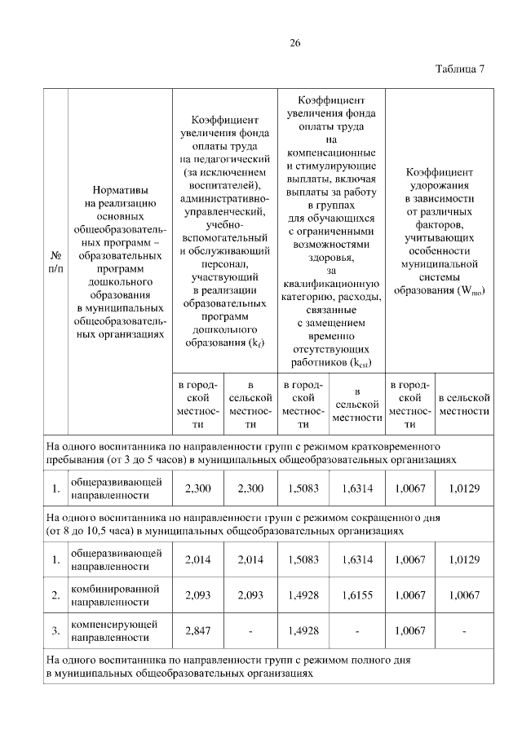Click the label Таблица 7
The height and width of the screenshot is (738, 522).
point(460,68)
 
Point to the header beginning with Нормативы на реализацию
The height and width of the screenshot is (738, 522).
point(119,262)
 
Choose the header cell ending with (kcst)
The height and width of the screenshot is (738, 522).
point(330,230)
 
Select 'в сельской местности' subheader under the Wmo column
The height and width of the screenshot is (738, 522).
point(465,404)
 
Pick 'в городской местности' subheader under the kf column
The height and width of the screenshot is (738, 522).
point(198,404)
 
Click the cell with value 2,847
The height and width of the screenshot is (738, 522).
point(198,630)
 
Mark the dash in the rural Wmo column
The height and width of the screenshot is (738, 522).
point(465,630)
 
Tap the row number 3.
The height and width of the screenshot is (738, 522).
point(55,630)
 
